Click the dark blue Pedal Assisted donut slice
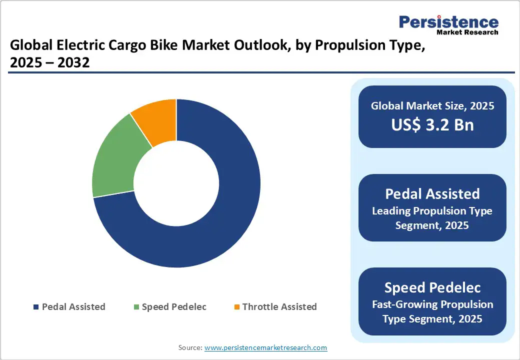pyautogui.click(x=220, y=235)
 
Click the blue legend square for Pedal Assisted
pyautogui.click(x=35, y=307)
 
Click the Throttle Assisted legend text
pyautogui.click(x=279, y=307)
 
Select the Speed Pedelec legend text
pyautogui.click(x=174, y=307)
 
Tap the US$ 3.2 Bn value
pyautogui.click(x=432, y=125)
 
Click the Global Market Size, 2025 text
pyautogui.click(x=432, y=106)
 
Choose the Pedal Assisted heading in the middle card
pyautogui.click(x=432, y=194)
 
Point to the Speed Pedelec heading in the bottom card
pyautogui.click(x=432, y=287)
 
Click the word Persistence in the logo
pyautogui.click(x=448, y=22)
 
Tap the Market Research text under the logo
pyautogui.click(x=467, y=32)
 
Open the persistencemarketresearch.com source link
pyautogui.click(x=265, y=347)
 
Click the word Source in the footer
pyautogui.click(x=190, y=347)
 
